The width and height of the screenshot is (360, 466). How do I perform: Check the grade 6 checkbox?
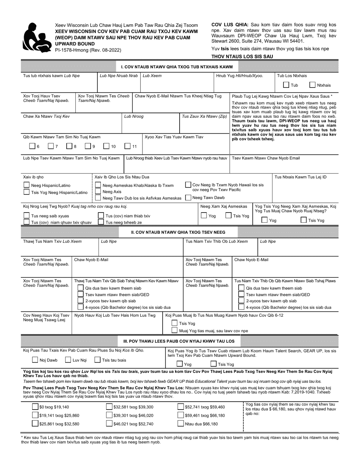[32, 146]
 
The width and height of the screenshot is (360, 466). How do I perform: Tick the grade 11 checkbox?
[128, 146]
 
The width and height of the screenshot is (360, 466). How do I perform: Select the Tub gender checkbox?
[286, 85]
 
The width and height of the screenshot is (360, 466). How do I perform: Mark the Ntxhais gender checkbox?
[313, 85]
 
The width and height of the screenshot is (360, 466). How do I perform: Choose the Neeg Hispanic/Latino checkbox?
[27, 185]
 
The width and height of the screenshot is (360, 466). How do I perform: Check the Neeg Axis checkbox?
[98, 192]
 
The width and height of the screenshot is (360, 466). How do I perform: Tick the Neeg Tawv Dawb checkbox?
[188, 197]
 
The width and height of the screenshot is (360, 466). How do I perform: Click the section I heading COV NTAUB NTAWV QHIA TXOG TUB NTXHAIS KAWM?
[177, 67]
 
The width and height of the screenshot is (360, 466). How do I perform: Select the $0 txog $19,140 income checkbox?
[35, 407]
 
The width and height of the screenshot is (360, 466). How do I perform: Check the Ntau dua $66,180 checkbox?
[181, 424]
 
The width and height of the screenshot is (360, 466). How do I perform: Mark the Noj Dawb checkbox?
[35, 360]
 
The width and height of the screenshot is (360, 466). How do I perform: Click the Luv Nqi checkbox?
[68, 360]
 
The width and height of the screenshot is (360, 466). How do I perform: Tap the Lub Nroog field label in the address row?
[134, 117]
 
